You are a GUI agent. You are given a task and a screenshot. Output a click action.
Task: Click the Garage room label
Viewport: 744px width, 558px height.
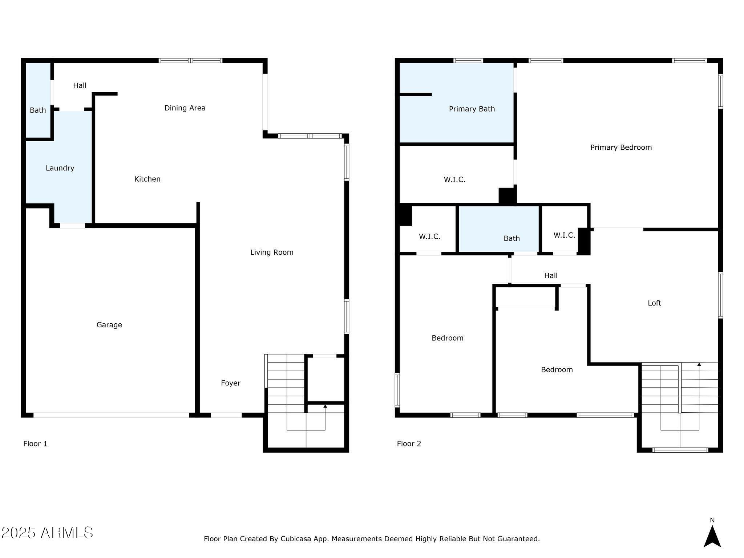click(x=109, y=325)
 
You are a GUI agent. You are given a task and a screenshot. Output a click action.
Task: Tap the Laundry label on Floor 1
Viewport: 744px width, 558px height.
click(x=60, y=168)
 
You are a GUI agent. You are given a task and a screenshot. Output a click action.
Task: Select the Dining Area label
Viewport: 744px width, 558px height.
click(x=185, y=108)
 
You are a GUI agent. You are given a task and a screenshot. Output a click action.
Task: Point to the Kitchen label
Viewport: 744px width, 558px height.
click(x=147, y=179)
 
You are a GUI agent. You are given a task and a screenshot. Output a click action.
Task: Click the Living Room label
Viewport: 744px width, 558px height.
click(x=272, y=252)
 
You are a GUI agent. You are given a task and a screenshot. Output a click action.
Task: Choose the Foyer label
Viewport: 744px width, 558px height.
click(x=231, y=383)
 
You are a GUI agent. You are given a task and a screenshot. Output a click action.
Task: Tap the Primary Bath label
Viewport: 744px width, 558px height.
click(x=472, y=109)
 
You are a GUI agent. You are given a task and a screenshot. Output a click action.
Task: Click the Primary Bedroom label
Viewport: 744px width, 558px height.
click(x=621, y=147)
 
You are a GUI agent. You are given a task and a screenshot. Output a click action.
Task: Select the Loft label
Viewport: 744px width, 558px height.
click(x=654, y=303)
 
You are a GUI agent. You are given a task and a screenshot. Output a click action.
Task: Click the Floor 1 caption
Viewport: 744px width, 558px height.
click(x=35, y=444)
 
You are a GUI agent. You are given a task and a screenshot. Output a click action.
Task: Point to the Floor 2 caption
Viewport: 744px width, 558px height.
click(x=409, y=444)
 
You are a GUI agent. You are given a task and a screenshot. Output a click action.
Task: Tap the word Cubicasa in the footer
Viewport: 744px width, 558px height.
click(x=296, y=539)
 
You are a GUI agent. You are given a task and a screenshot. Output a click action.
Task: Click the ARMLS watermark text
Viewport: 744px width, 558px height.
click(x=47, y=533)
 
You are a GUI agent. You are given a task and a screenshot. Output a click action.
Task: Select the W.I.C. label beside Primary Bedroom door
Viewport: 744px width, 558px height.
click(x=564, y=235)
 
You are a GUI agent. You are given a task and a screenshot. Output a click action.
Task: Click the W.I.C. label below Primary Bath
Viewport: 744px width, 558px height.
click(x=454, y=179)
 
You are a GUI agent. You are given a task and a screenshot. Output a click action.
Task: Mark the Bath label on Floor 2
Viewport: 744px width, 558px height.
click(x=511, y=239)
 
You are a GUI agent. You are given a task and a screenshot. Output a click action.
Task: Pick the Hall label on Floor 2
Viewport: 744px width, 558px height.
click(x=551, y=276)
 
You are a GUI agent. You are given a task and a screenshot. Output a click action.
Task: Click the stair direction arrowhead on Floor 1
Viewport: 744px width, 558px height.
click(x=325, y=406)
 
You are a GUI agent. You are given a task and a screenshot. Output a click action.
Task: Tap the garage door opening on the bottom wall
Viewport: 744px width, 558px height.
click(x=112, y=415)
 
